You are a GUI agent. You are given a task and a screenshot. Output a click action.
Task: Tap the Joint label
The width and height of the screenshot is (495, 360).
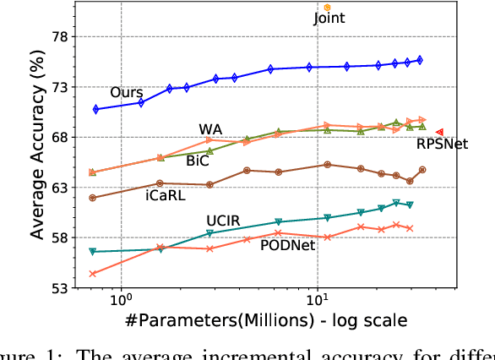coord(329,18)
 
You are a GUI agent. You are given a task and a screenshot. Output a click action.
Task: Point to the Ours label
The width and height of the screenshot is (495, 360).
coord(126,91)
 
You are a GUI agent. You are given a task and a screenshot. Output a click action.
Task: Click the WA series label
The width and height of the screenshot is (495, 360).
coord(210,128)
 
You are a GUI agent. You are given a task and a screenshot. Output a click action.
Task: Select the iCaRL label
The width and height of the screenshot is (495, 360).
coord(166,194)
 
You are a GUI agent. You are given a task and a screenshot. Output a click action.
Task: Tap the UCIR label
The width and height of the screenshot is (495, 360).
coord(223,221)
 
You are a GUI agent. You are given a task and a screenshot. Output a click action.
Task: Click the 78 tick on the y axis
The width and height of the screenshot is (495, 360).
coord(60,37)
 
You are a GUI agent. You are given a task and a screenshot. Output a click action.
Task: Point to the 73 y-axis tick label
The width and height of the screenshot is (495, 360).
coord(60,87)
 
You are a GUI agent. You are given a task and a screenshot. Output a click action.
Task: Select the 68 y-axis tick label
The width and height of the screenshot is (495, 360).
coord(60,137)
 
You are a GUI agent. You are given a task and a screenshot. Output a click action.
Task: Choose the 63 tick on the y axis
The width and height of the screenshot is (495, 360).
coord(60,187)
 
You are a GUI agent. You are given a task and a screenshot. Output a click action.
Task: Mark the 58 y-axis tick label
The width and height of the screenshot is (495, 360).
coord(60,237)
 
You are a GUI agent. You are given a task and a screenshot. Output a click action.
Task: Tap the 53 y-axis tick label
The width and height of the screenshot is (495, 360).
coord(60,287)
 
